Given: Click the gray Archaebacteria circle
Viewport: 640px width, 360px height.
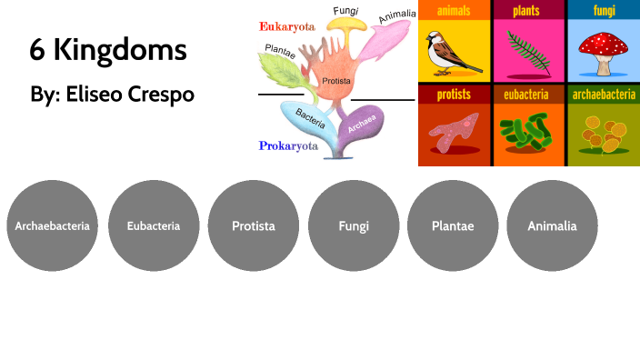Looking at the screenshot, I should [x=53, y=226].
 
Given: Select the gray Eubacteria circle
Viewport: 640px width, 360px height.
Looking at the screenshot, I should [x=154, y=226].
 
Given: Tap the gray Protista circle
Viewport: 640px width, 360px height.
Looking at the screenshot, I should [x=254, y=226].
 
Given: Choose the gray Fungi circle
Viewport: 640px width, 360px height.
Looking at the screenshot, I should [x=354, y=226].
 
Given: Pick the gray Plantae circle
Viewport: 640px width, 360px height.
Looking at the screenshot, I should [x=453, y=226].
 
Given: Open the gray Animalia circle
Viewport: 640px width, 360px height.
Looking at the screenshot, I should [x=552, y=226].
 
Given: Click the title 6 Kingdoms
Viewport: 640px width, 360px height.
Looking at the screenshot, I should [x=108, y=50].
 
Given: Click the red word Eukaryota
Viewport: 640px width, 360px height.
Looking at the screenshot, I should [x=287, y=26].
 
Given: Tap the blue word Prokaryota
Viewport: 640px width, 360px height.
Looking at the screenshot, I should [x=288, y=145].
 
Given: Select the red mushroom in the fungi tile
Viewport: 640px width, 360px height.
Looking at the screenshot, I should [x=602, y=50].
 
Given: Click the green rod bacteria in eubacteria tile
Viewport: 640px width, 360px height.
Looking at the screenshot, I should [x=526, y=133].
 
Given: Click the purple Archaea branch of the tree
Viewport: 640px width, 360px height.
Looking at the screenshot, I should [x=363, y=128].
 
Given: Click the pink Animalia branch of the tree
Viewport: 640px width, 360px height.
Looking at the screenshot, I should [x=391, y=40].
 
